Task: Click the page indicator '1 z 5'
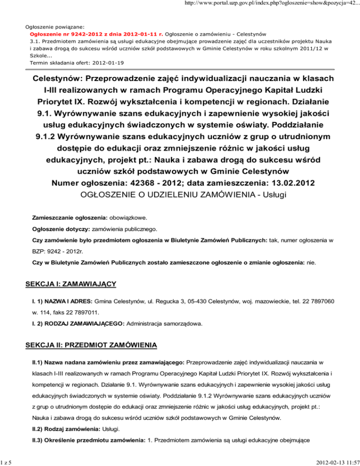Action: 7,461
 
